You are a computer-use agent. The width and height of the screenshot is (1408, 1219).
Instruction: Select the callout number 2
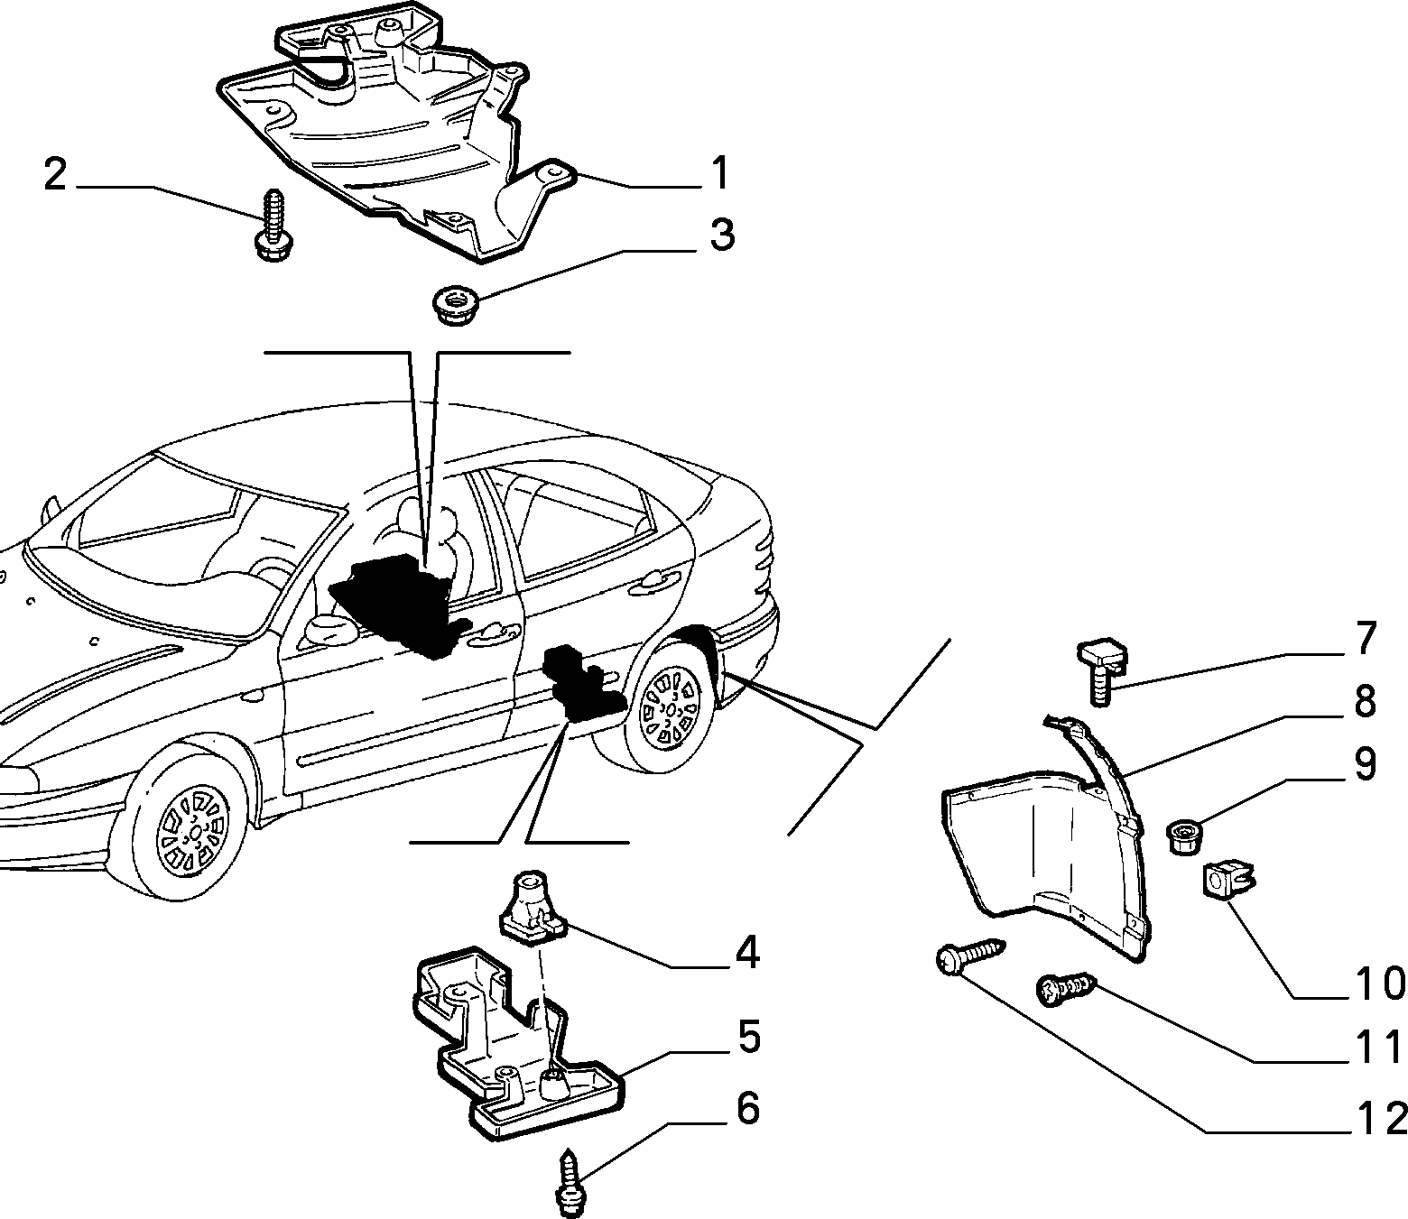[55, 174]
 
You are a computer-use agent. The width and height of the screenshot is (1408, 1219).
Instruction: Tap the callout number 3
[721, 235]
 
